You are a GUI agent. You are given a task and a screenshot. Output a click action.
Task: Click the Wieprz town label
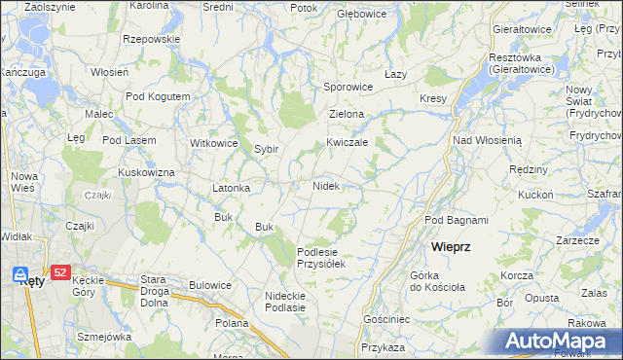[x=451, y=247]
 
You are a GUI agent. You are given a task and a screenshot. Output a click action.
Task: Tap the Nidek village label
[x=325, y=186]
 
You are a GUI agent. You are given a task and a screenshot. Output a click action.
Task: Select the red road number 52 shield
[x=60, y=273]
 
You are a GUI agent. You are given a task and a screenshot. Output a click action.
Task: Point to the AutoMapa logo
[x=561, y=342]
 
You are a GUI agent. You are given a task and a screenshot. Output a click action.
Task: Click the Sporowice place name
[x=348, y=87]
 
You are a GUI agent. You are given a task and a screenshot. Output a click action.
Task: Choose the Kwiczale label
[x=347, y=142]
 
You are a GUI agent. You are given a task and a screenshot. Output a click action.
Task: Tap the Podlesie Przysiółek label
[x=321, y=257]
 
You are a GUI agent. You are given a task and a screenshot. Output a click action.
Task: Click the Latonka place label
[x=232, y=188]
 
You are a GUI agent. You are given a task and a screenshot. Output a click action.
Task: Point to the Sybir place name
[x=267, y=150]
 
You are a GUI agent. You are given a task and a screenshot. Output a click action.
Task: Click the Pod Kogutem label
[x=158, y=97]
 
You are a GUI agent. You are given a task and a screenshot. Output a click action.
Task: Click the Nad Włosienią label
[x=487, y=140]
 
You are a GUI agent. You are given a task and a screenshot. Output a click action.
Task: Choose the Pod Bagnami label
[x=456, y=221]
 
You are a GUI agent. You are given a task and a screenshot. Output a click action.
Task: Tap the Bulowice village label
[x=210, y=285]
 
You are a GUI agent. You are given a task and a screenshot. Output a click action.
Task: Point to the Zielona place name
[x=347, y=114]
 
